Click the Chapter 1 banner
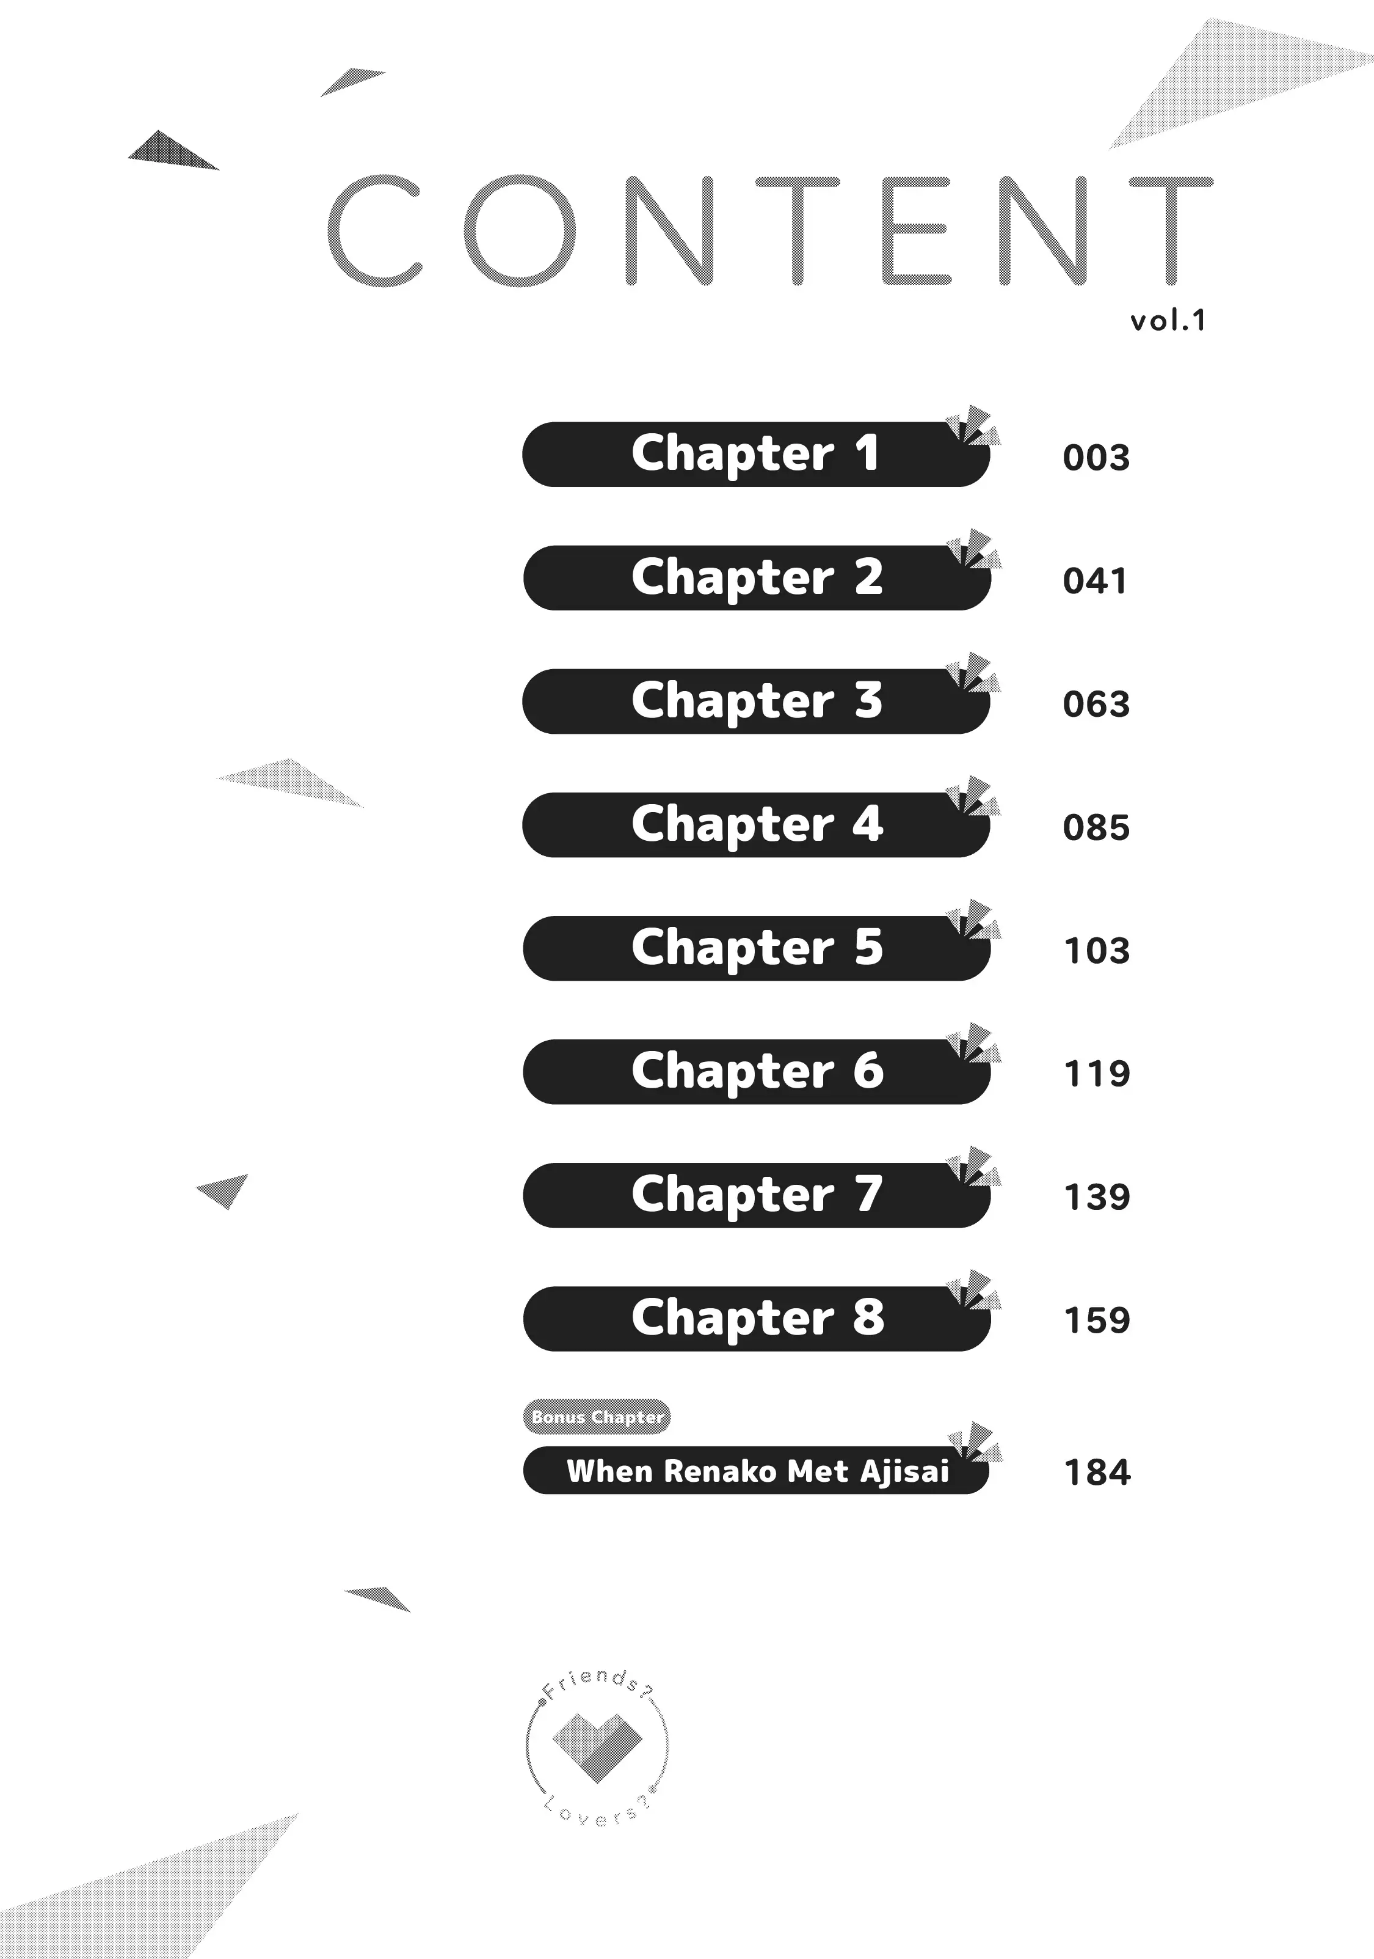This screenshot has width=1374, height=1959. click(x=755, y=454)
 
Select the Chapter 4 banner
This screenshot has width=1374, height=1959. click(x=755, y=824)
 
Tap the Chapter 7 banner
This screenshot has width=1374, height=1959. click(x=755, y=1195)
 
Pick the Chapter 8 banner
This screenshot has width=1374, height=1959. click(x=755, y=1318)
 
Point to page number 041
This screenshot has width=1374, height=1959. click(x=1095, y=582)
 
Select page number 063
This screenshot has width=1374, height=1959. click(x=1096, y=705)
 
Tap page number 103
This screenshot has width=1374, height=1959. click(x=1097, y=951)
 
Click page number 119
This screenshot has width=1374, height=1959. click(x=1097, y=1074)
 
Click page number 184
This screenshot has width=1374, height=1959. click(x=1097, y=1473)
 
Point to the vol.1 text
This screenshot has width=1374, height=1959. click(x=1168, y=321)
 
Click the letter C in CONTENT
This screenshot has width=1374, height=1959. click(x=376, y=230)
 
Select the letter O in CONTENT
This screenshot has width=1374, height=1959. click(x=520, y=230)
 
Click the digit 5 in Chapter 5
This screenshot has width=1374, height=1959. click(x=868, y=947)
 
